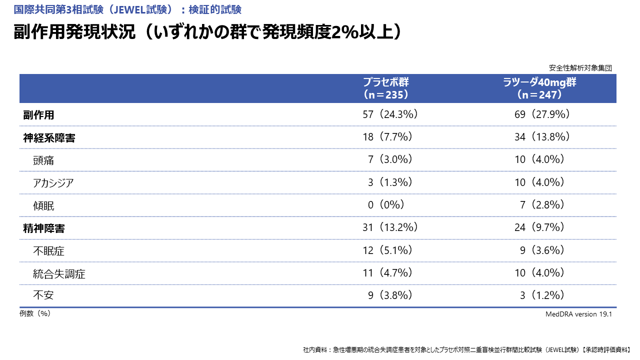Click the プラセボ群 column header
pos(386,88)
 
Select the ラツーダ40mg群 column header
pos(540,88)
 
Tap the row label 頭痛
pos(43,160)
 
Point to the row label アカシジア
pos(53,183)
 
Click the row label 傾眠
pos(43,205)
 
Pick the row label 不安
pos(43,295)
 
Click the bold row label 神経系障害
pos(49,138)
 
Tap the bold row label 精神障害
pos(44,228)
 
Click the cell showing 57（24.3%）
pos(390,114)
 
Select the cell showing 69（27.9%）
pos(542,114)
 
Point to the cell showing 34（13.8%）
pos(542,137)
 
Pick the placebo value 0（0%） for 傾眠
pos(386,205)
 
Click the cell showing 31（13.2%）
pos(390,227)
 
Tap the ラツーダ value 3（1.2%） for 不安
pos(542,295)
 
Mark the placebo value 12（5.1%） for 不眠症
pos(387,250)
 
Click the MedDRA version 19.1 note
pos(578,314)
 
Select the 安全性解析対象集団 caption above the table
pos(580,68)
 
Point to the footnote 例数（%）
pos(35,313)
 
